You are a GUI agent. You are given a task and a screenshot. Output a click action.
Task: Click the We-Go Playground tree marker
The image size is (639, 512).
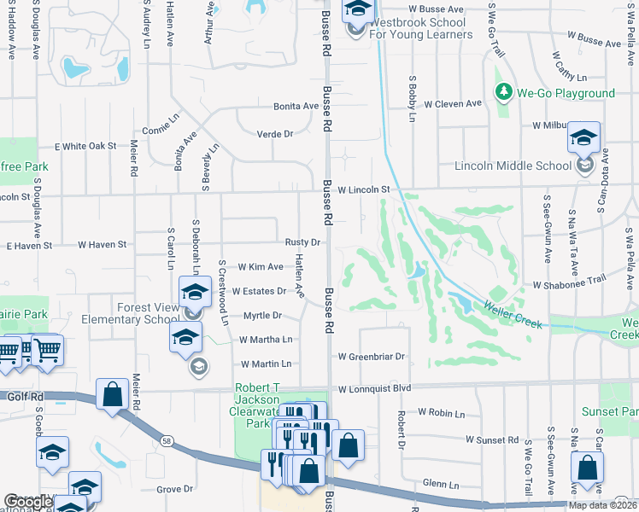503,92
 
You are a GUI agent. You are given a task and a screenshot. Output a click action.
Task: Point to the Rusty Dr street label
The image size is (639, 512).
302,242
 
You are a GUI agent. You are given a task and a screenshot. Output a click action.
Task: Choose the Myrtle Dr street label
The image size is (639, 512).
262,315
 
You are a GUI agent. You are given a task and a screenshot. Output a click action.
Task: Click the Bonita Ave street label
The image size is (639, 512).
296,107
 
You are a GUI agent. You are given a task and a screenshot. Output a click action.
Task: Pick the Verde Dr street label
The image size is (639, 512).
275,134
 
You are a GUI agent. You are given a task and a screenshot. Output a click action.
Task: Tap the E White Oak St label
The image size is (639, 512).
85,146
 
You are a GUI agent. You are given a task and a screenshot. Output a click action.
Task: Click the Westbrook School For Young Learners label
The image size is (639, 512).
421,29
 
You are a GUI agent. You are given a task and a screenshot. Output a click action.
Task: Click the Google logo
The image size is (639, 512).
28,502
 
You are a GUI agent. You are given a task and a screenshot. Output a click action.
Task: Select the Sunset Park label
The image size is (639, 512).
609,411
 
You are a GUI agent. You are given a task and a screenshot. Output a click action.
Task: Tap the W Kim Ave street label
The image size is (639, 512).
261,267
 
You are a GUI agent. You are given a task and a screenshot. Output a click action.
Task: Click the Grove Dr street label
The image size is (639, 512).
174,489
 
